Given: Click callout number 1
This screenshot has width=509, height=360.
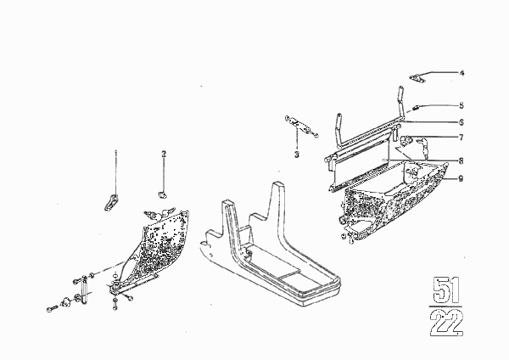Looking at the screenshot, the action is pyautogui.click(x=115, y=152).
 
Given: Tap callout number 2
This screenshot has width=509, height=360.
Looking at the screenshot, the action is pyautogui.click(x=164, y=154).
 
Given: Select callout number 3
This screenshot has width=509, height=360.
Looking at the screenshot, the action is pyautogui.click(x=297, y=155).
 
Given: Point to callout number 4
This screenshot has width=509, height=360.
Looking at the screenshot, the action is pyautogui.click(x=462, y=73).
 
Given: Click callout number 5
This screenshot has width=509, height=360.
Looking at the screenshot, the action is pyautogui.click(x=461, y=105).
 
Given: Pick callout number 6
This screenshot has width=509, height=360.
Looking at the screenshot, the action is pyautogui.click(x=461, y=122).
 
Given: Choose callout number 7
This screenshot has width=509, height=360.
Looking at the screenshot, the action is pyautogui.click(x=461, y=138).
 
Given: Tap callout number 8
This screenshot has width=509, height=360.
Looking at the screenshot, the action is pyautogui.click(x=461, y=160).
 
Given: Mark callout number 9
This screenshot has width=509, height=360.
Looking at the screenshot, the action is pyautogui.click(x=461, y=178).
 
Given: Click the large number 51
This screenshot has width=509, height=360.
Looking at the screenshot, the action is pyautogui.click(x=447, y=290).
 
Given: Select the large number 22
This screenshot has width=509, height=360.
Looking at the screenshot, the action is pyautogui.click(x=447, y=323).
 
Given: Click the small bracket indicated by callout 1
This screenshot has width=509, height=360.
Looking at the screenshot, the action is pyautogui.click(x=111, y=202).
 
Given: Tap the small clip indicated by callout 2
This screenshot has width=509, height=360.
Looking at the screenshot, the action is pyautogui.click(x=162, y=194).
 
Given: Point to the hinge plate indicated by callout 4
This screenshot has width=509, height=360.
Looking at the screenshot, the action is pyautogui.click(x=417, y=79).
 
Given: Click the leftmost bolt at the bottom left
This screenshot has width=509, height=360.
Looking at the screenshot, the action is pyautogui.click(x=52, y=309).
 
